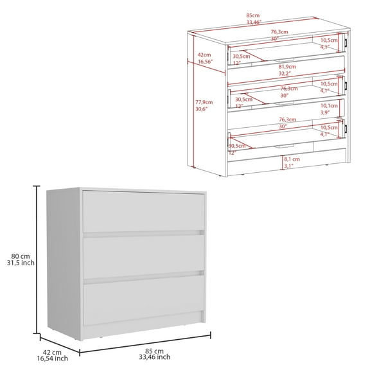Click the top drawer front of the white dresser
[x=143, y=210]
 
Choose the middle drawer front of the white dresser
[x=143, y=255]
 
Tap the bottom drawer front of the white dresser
[x=143, y=298]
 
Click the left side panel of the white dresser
[x=65, y=263]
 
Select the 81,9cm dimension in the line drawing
[x=286, y=67]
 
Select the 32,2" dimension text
[x=286, y=74]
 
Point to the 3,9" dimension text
[x=328, y=112]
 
